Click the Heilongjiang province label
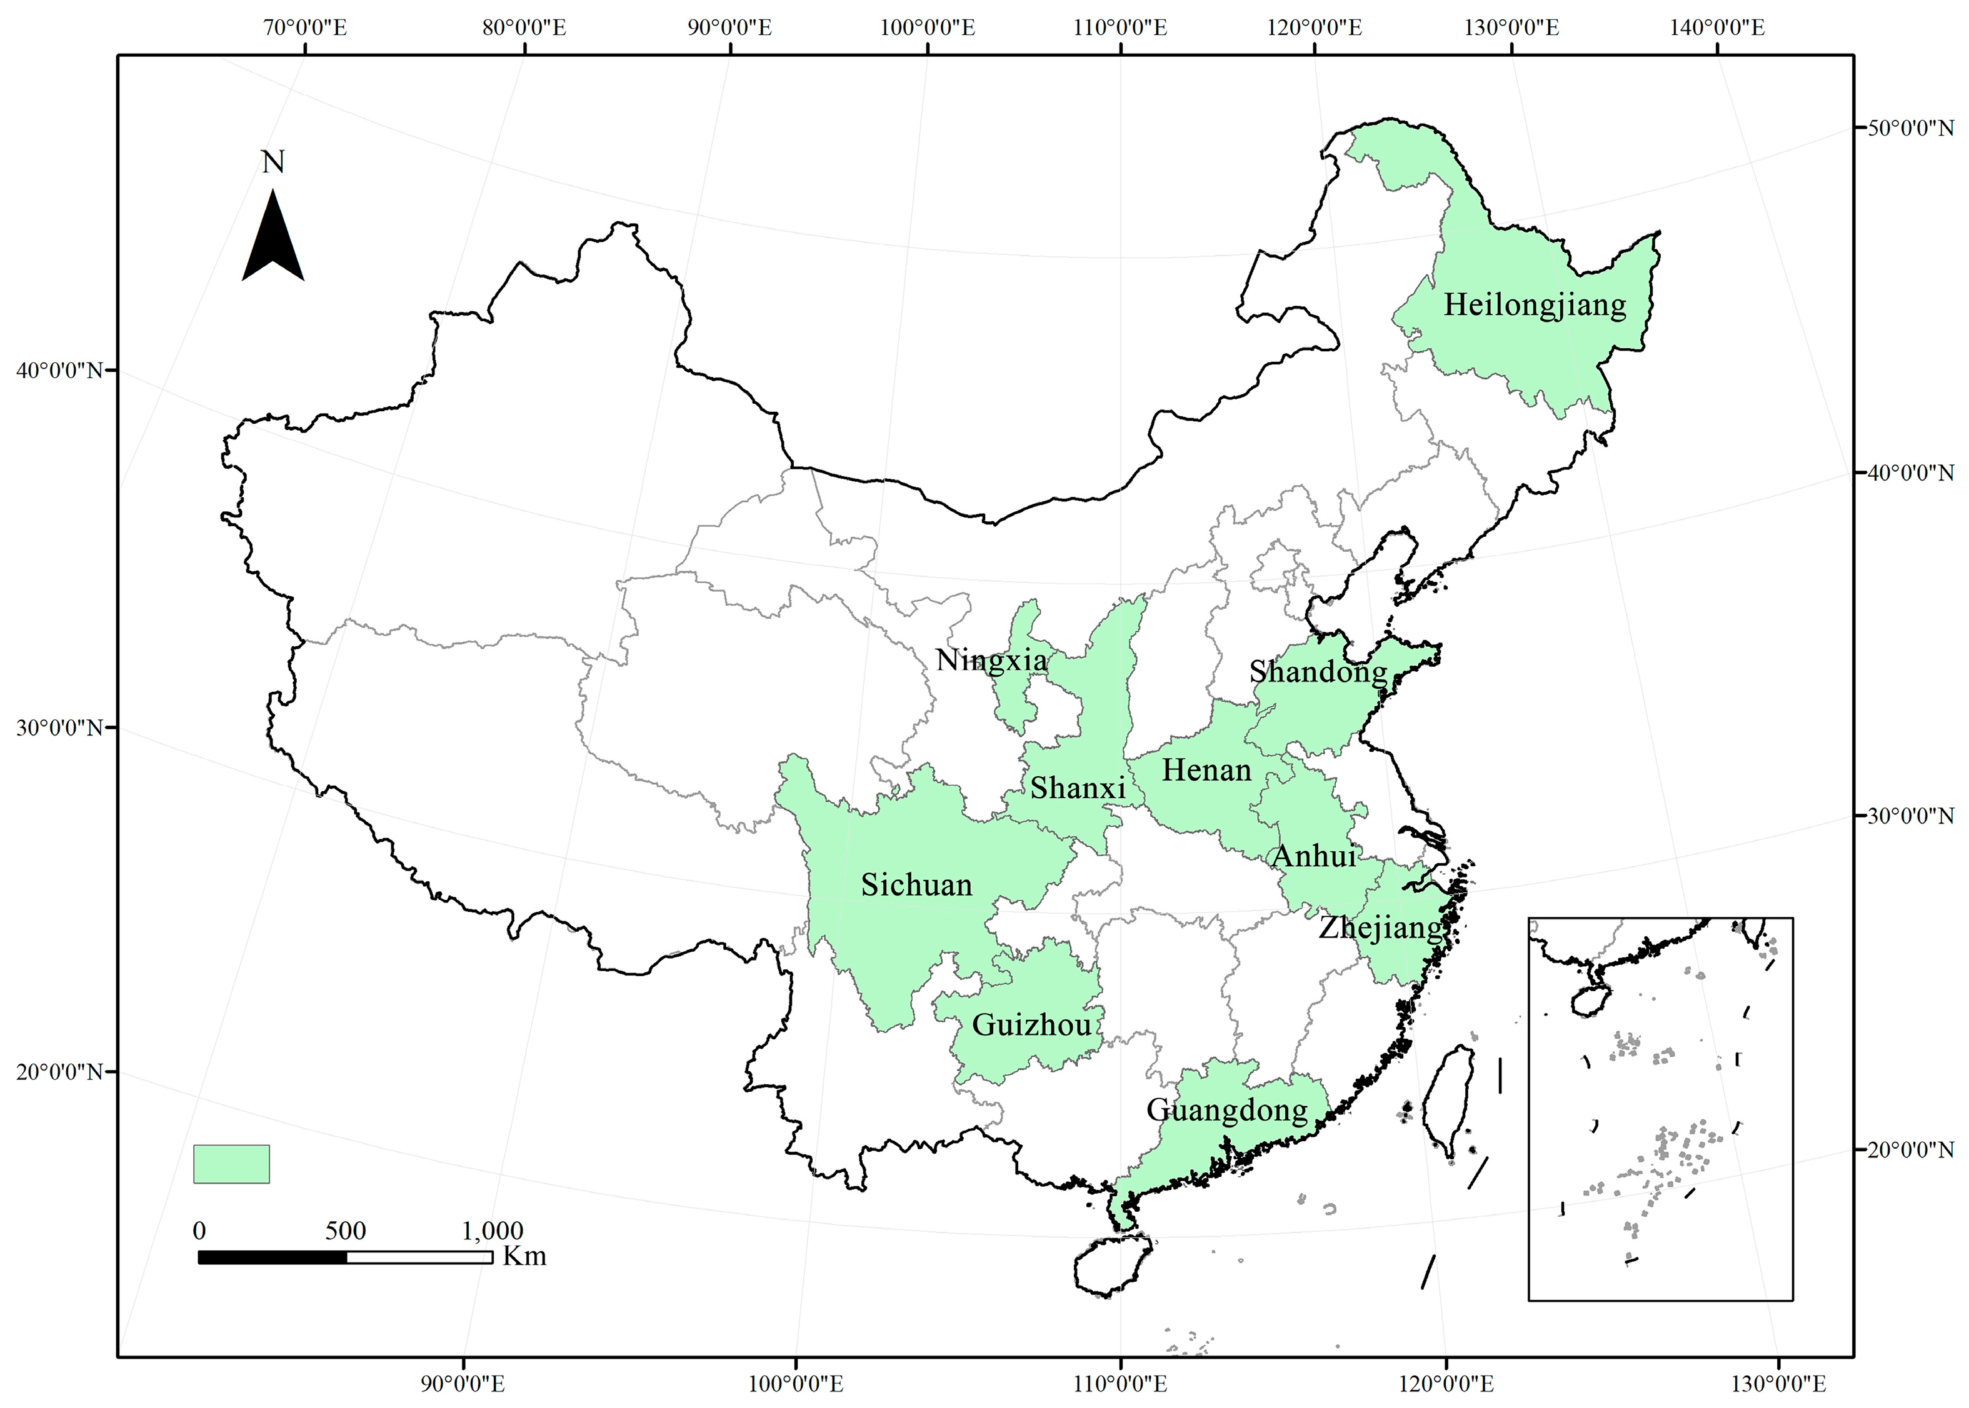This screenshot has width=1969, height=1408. tap(1534, 305)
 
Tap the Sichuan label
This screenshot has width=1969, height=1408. tap(916, 885)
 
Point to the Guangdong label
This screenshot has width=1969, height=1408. tap(1227, 1111)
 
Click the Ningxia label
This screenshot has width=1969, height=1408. tap(991, 661)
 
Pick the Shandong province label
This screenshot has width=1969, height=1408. tap(1318, 672)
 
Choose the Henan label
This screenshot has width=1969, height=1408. tap(1206, 770)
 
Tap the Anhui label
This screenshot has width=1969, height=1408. tap(1313, 857)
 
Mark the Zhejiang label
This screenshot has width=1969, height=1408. tap(1380, 927)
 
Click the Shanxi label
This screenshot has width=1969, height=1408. tap(1078, 788)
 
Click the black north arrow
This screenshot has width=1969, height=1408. tap(273, 239)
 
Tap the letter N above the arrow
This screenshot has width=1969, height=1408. tap(273, 162)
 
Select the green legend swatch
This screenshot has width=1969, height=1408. tap(231, 1164)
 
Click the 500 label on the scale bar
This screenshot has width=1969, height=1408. tap(345, 1231)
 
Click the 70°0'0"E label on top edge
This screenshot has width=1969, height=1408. tap(305, 27)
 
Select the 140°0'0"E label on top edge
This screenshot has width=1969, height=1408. tap(1718, 27)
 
